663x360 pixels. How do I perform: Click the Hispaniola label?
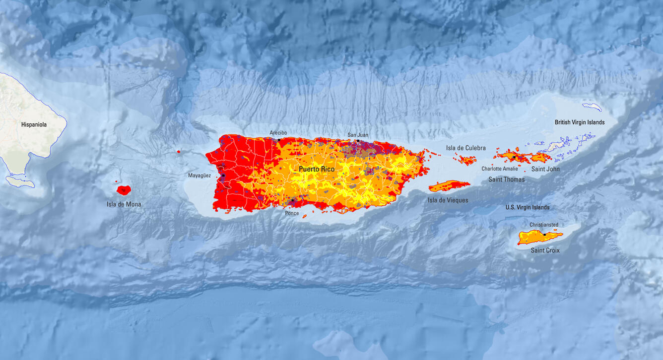[x=34, y=124]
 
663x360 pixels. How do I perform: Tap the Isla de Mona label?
[x=124, y=204]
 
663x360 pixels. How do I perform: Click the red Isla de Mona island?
[x=124, y=189]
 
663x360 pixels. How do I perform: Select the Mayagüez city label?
[x=199, y=176]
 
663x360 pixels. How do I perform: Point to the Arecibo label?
[x=278, y=133]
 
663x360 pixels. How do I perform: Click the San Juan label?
[x=358, y=135]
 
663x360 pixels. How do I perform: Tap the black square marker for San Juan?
[x=358, y=141]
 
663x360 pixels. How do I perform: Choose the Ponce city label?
[x=292, y=213]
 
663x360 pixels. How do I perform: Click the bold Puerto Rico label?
[x=317, y=170]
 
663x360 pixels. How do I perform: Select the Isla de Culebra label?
[x=465, y=148]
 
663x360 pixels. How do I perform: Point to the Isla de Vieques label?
[x=448, y=200]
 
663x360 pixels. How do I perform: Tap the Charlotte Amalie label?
[x=499, y=169]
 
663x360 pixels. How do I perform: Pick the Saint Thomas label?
[x=506, y=179]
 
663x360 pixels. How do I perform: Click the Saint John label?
[x=545, y=169]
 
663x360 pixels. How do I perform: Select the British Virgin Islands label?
[x=579, y=122]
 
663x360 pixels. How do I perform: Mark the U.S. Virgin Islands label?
[x=528, y=207]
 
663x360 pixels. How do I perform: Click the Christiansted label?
[x=544, y=225]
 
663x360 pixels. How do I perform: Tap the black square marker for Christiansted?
[x=544, y=234]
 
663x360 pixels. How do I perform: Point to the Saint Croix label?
[x=545, y=250]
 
